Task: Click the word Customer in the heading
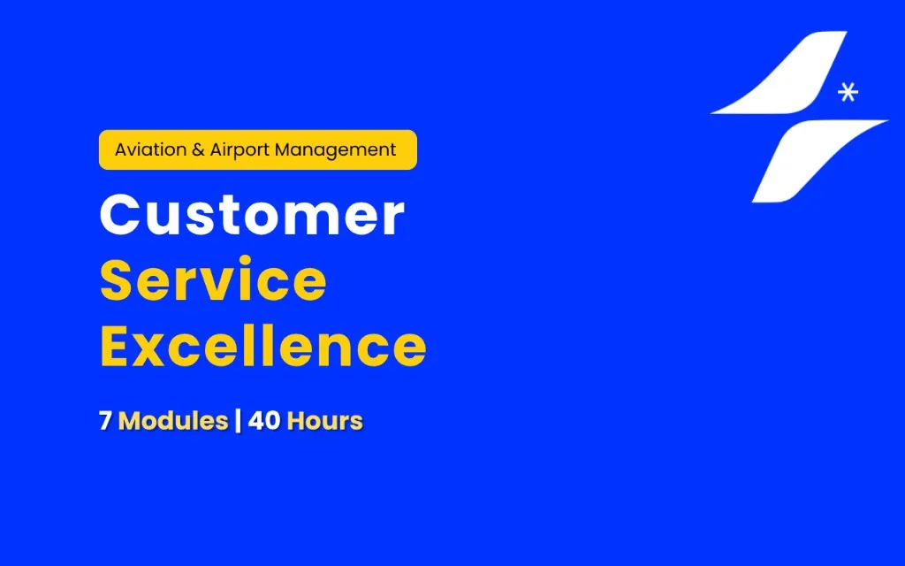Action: pyautogui.click(x=252, y=214)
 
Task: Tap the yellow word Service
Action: pyautogui.click(x=214, y=280)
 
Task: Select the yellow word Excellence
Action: pyautogui.click(x=263, y=346)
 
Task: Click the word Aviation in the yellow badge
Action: pyautogui.click(x=150, y=149)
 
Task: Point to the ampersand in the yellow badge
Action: pyautogui.click(x=198, y=150)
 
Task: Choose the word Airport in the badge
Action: pyautogui.click(x=239, y=150)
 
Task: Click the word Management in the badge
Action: pyautogui.click(x=335, y=150)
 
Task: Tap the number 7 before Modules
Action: pyautogui.click(x=105, y=420)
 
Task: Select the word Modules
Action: pyautogui.click(x=173, y=420)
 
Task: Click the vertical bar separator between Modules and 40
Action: pyautogui.click(x=238, y=420)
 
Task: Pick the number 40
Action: pyautogui.click(x=264, y=420)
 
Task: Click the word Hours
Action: pyautogui.click(x=325, y=420)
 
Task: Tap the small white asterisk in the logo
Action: pyautogui.click(x=848, y=92)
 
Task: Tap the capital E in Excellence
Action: pyautogui.click(x=115, y=346)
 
